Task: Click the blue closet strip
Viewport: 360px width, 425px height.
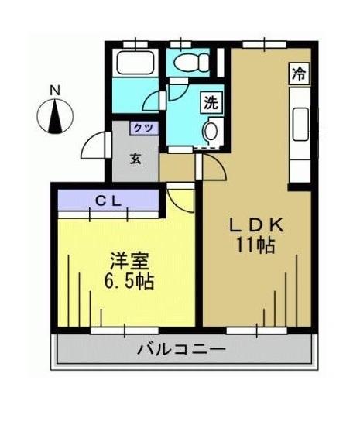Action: pyautogui.click(x=108, y=201)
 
